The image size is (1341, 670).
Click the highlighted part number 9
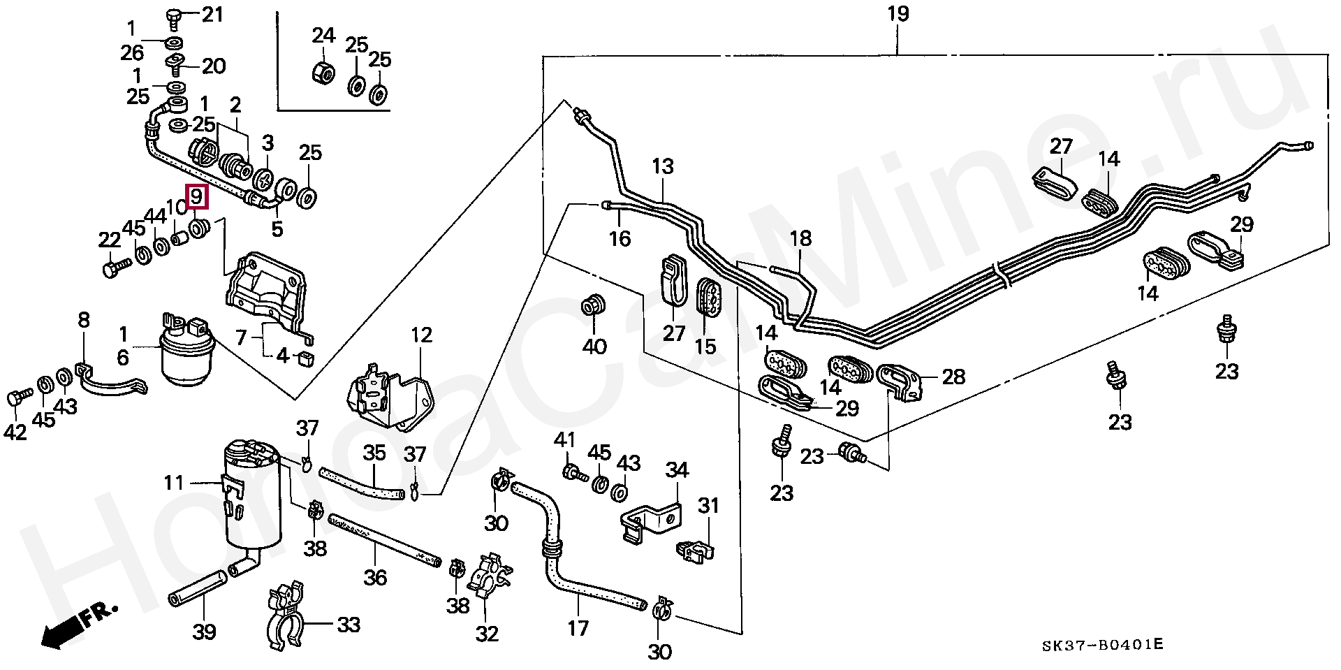click(196, 197)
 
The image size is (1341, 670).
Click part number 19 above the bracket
click(898, 15)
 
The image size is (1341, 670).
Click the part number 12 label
click(421, 335)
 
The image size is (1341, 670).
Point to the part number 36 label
click(374, 577)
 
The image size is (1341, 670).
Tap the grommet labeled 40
click(593, 306)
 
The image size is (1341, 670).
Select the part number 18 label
click(800, 238)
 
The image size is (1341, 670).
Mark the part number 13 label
click(663, 167)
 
